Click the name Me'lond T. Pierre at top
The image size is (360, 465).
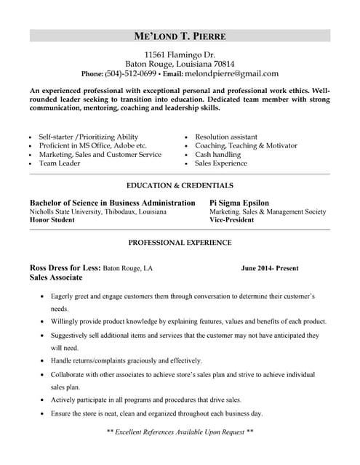click(180, 36)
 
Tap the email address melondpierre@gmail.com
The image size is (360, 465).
click(231, 73)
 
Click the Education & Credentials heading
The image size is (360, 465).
click(180, 185)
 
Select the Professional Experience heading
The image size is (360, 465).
click(180, 242)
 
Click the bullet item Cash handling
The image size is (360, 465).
click(217, 155)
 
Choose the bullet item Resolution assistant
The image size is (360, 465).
click(225, 137)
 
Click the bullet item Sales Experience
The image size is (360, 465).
click(221, 163)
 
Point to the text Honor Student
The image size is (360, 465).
click(52, 219)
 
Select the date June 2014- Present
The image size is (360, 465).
click(269, 268)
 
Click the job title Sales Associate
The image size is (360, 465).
click(56, 278)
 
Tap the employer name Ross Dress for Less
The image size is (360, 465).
click(65, 268)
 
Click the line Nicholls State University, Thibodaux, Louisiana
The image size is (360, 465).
click(97, 211)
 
